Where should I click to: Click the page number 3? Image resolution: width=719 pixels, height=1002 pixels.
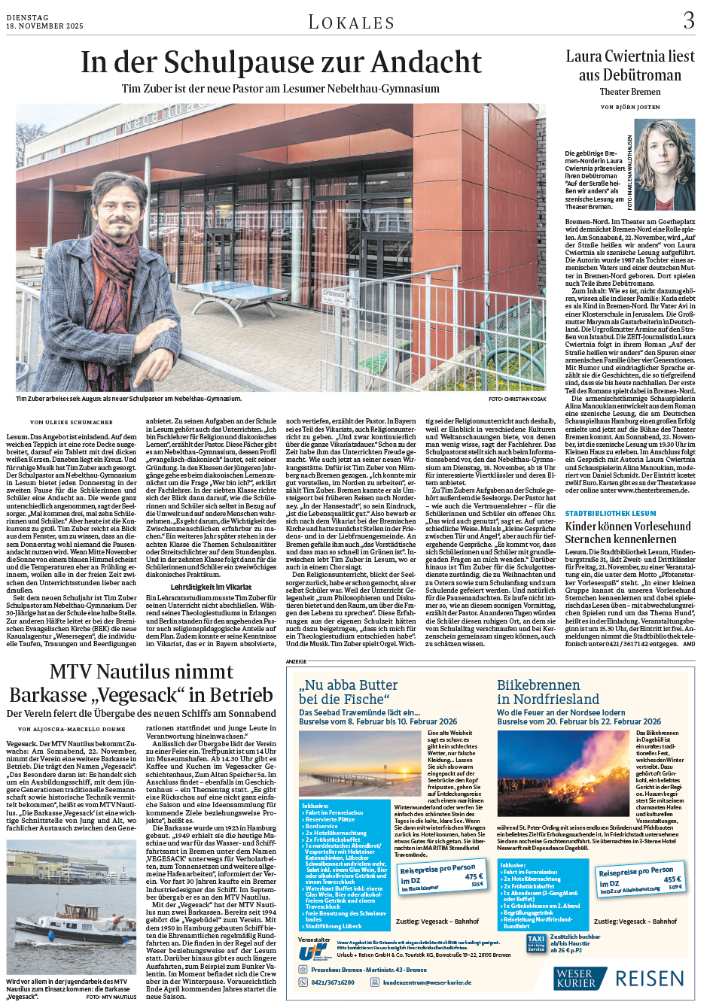tap(688, 20)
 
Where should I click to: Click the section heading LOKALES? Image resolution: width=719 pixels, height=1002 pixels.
tap(351, 23)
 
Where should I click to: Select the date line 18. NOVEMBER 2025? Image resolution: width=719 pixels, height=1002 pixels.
tap(44, 26)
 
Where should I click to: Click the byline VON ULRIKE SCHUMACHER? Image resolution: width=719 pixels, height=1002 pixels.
tap(72, 422)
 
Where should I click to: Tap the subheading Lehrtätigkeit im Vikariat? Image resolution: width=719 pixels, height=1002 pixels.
tap(210, 587)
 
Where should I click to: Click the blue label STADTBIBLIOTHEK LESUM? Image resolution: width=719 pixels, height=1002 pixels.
tap(611, 514)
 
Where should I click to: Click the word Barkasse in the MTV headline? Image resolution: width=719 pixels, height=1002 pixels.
tap(49, 695)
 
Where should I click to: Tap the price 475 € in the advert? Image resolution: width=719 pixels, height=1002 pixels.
tap(473, 876)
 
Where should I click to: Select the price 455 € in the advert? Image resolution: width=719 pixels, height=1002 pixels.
tap(672, 879)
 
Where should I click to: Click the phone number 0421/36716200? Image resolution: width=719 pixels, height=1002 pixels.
tap(333, 982)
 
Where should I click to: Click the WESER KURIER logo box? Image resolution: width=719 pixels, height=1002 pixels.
tap(576, 978)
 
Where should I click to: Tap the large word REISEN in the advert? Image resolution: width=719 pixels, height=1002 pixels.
tap(650, 979)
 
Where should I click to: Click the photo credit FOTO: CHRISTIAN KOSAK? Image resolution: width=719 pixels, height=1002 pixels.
tap(517, 399)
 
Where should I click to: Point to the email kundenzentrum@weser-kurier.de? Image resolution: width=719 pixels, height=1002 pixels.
tap(428, 982)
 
